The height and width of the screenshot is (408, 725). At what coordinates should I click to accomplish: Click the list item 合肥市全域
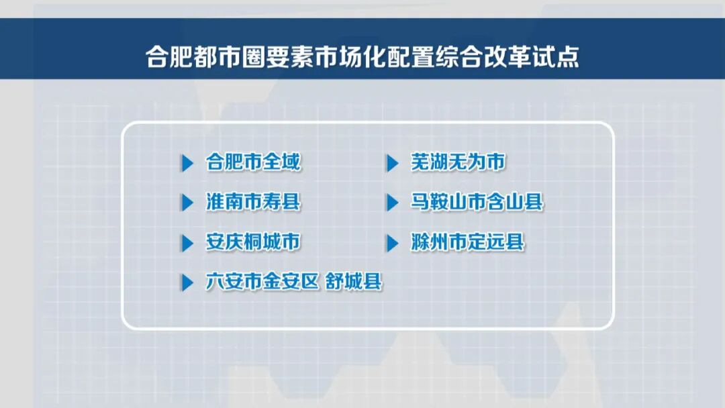click(x=253, y=162)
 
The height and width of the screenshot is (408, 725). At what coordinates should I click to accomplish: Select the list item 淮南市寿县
click(x=253, y=202)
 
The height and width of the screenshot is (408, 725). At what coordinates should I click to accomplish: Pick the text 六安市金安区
click(x=262, y=282)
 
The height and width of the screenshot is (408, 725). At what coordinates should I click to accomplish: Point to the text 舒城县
click(x=354, y=282)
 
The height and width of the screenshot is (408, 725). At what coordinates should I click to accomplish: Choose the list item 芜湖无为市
click(x=458, y=162)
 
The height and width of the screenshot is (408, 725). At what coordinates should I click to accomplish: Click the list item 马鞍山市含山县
click(x=477, y=202)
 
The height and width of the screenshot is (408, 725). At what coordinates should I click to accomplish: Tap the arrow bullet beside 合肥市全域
click(x=187, y=163)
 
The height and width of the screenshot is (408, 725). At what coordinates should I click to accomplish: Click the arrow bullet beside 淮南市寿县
click(x=187, y=203)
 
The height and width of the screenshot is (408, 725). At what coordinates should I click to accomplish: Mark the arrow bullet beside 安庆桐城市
click(x=187, y=243)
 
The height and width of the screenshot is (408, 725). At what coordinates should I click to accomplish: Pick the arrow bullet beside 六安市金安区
click(x=187, y=283)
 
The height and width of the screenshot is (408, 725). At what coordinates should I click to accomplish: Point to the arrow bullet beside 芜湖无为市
click(x=393, y=163)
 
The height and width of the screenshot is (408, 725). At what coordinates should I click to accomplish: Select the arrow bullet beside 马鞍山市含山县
click(x=393, y=203)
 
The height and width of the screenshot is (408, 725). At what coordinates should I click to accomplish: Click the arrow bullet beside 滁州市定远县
click(x=393, y=243)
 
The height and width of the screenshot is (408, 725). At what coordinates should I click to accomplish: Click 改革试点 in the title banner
click(x=532, y=57)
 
